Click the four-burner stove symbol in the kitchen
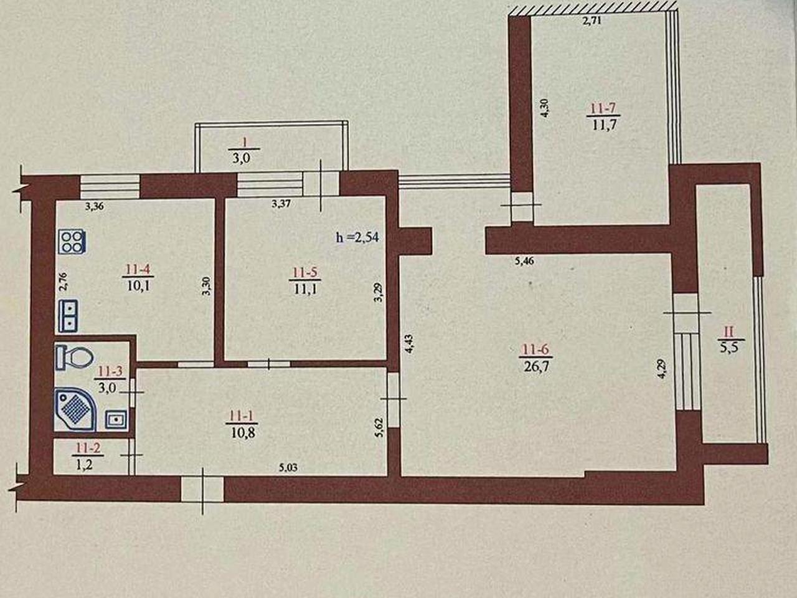click(72, 242)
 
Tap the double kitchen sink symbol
click(68, 316)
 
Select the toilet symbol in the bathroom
click(75, 358)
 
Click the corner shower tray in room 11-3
click(75, 409)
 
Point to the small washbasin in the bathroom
click(116, 420)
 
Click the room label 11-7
click(603, 108)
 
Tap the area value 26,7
click(535, 366)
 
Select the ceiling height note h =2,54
click(357, 237)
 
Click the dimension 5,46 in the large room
click(524, 261)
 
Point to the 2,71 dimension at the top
click(592, 21)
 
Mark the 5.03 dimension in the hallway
click(288, 468)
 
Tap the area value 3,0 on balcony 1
click(242, 158)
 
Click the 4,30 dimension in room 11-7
click(545, 108)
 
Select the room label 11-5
click(305, 272)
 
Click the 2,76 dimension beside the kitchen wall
click(63, 282)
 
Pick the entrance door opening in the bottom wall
click(202, 490)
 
